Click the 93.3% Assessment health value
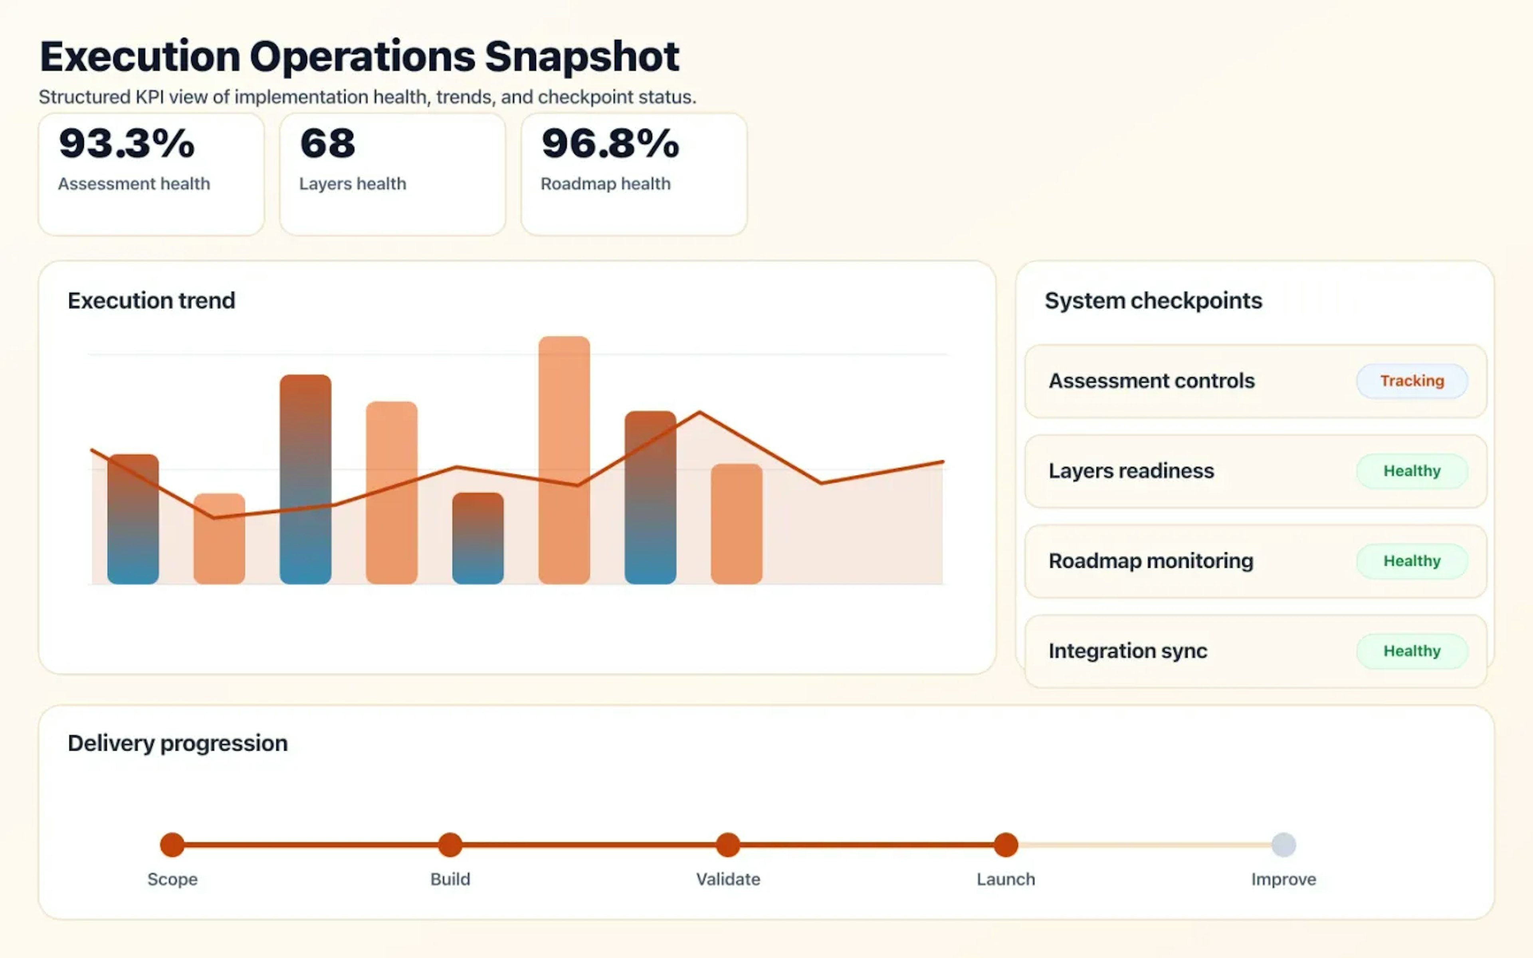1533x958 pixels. (127, 143)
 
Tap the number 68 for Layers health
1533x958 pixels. (327, 143)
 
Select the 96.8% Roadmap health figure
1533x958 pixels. (610, 143)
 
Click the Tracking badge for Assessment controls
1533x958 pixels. (1411, 381)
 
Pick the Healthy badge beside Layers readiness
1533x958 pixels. (1411, 471)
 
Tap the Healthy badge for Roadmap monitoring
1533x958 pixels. (1411, 561)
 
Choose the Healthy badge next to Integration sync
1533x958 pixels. (1411, 651)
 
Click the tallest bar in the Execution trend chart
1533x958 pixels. (564, 459)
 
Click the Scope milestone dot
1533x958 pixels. (172, 845)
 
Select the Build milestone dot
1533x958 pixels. (450, 845)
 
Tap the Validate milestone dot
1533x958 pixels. (728, 845)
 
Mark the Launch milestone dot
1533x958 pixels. (1005, 845)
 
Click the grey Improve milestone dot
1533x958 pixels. (1283, 845)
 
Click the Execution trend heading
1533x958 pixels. (151, 300)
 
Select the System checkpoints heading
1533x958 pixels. (1153, 300)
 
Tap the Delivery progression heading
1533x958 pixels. (177, 742)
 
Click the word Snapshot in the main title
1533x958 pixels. (582, 57)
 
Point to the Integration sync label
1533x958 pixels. (1127, 651)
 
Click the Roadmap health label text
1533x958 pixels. (605, 184)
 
